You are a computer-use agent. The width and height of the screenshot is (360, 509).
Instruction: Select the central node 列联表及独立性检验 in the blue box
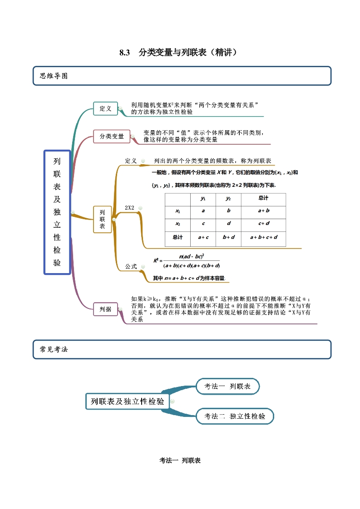pyautogui.click(x=57, y=212)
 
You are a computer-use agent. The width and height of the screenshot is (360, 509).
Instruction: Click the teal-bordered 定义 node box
pyautogui.click(x=105, y=108)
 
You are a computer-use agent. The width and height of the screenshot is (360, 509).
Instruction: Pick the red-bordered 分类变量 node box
pyautogui.click(x=112, y=136)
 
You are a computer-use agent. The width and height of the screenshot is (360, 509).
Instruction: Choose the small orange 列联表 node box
pyautogui.click(x=102, y=219)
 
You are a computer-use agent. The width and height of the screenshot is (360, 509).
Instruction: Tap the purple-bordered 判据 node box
pyautogui.click(x=105, y=309)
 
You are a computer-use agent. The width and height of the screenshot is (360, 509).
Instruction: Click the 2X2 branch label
pyautogui.click(x=130, y=208)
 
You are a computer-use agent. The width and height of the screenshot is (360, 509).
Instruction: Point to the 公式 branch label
pyautogui.click(x=131, y=266)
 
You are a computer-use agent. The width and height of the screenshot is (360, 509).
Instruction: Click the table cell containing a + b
pyautogui.click(x=264, y=210)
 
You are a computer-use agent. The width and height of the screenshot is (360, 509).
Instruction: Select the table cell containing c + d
pyautogui.click(x=264, y=223)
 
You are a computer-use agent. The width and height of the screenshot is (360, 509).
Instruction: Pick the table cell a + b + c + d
pyautogui.click(x=264, y=237)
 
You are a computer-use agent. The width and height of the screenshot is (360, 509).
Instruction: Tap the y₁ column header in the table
pyautogui.click(x=203, y=198)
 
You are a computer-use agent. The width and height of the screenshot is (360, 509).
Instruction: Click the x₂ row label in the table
pyautogui.click(x=178, y=223)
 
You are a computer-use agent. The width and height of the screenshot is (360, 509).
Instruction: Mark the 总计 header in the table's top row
pyautogui.click(x=264, y=198)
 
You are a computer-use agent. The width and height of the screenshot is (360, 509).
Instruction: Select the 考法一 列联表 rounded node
pyautogui.click(x=227, y=387)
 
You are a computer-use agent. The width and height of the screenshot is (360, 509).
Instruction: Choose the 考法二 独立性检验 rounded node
pyautogui.click(x=235, y=416)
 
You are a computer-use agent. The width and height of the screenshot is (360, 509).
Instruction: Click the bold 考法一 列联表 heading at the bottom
pyautogui.click(x=180, y=460)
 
